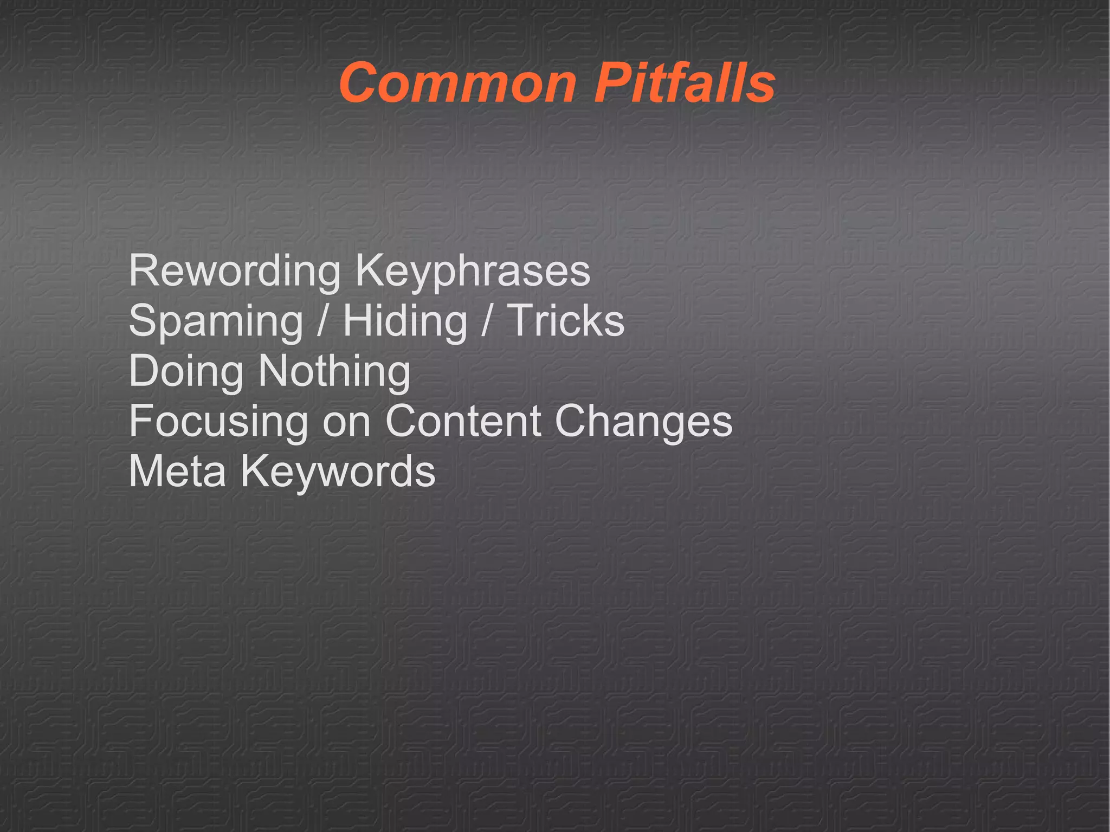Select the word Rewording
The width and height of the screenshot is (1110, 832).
pos(235,271)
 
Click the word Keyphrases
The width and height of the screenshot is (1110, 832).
pos(473,271)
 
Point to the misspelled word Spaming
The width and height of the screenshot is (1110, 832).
pos(216,321)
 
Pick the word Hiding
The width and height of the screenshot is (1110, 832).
pos(405,321)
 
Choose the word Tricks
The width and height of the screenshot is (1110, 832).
pos(565,320)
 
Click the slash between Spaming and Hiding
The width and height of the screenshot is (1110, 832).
pos(322,320)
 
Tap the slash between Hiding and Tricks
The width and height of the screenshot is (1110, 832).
pos(487,320)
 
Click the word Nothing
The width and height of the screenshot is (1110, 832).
pos(334,372)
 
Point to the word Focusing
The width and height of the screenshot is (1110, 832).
pos(218,422)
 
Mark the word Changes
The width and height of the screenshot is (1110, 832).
pos(643,422)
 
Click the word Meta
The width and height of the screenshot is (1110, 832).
pos(177,471)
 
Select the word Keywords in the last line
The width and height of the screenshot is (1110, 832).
pos(338,471)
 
